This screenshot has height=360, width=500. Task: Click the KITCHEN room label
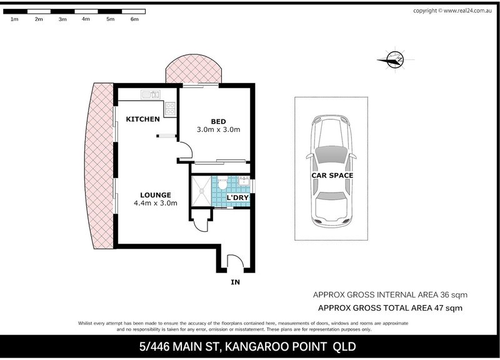tap(143, 119)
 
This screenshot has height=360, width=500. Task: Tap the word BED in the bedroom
tap(217, 121)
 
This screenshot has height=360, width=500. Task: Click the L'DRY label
tap(238, 199)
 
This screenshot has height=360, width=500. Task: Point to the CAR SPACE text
tap(332, 176)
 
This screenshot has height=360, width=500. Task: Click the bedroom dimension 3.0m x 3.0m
tap(218, 130)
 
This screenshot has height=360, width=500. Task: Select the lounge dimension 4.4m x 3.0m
tap(156, 204)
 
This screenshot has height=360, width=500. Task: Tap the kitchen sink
tap(151, 96)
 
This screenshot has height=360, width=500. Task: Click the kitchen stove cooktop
tap(169, 109)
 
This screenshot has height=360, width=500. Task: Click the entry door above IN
tap(235, 262)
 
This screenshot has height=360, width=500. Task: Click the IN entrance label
tap(235, 282)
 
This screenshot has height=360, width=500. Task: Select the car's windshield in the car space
tap(332, 153)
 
